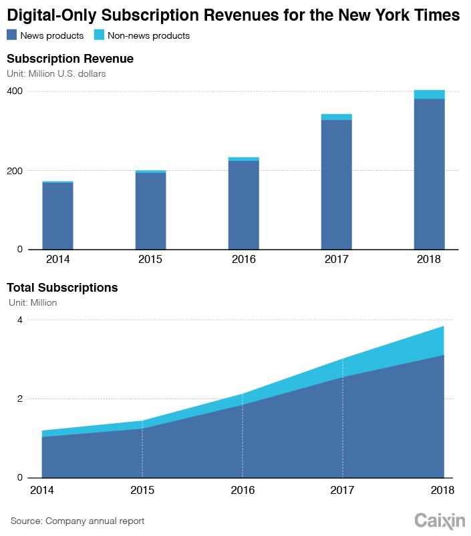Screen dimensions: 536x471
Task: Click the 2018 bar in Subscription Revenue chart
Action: click(x=429, y=174)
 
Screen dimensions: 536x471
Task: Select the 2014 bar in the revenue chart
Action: click(x=57, y=215)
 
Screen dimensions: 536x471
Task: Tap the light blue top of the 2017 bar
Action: click(x=336, y=117)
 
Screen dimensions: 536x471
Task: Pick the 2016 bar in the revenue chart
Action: click(x=243, y=204)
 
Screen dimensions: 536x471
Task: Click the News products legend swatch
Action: click(x=12, y=35)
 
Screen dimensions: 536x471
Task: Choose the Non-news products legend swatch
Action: click(x=98, y=35)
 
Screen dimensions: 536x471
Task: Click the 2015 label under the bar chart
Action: click(x=150, y=260)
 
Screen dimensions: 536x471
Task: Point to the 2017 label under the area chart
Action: click(x=343, y=490)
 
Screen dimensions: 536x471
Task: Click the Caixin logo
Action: click(x=440, y=520)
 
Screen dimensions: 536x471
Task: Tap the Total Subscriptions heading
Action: click(x=62, y=288)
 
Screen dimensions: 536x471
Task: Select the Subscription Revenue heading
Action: click(x=70, y=59)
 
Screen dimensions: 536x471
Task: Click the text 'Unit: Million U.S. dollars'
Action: click(x=56, y=74)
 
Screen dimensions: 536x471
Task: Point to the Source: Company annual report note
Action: click(x=77, y=521)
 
